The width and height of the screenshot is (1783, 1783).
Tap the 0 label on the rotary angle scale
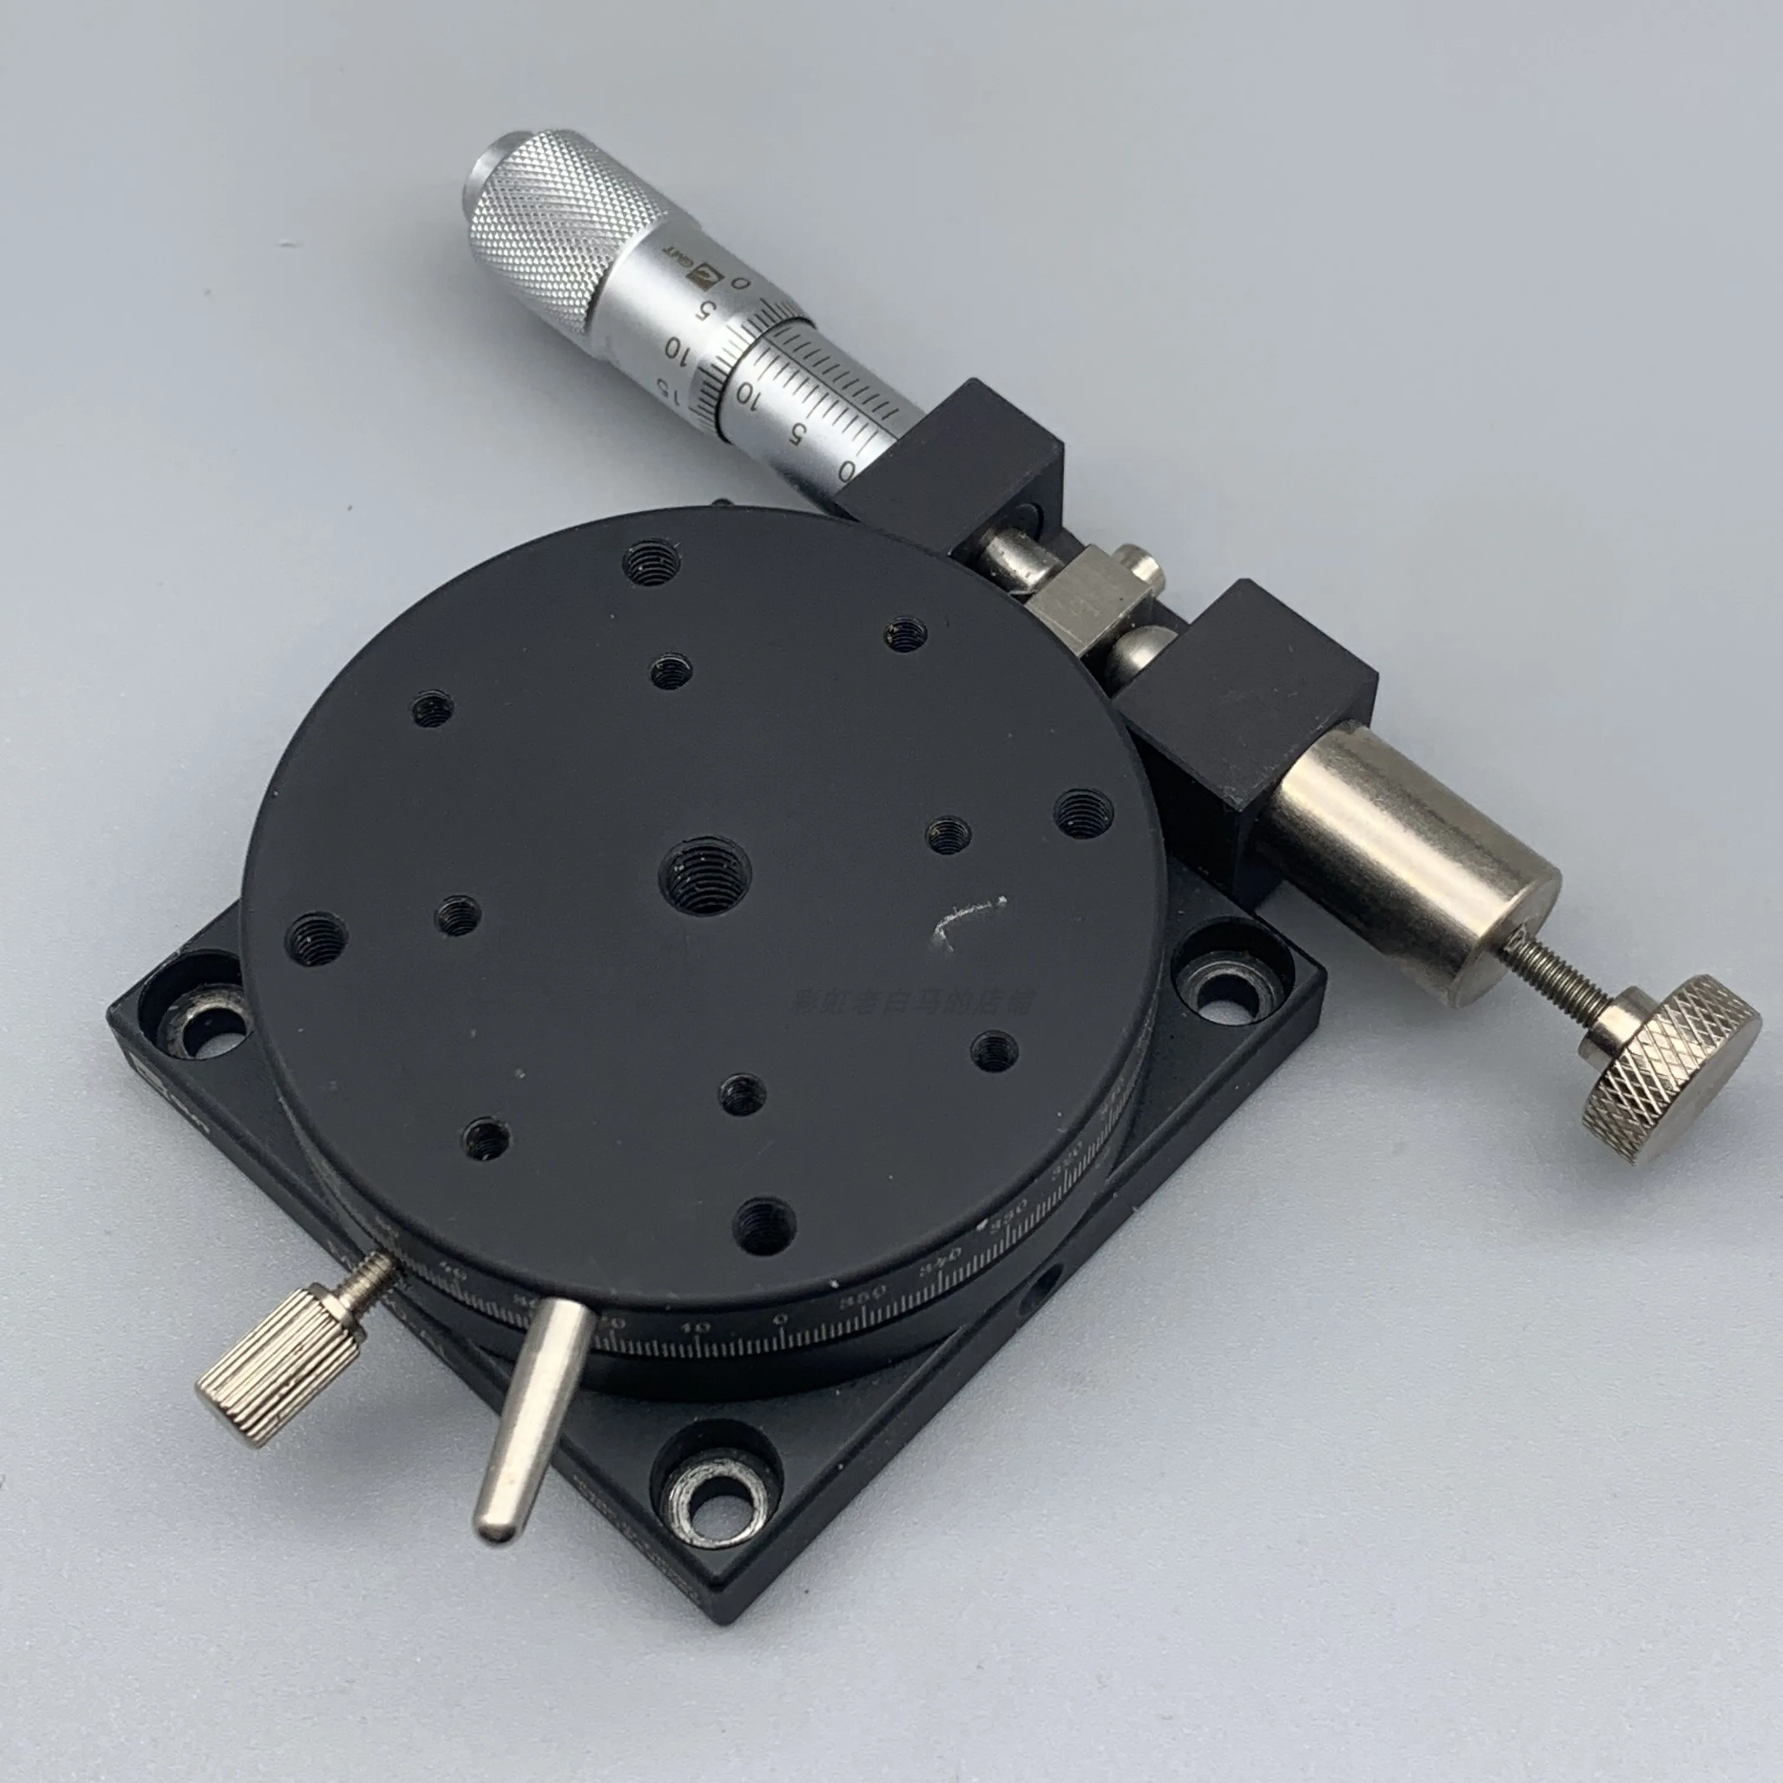(x=780, y=1319)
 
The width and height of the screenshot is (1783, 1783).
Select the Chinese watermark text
(x=914, y=999)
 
